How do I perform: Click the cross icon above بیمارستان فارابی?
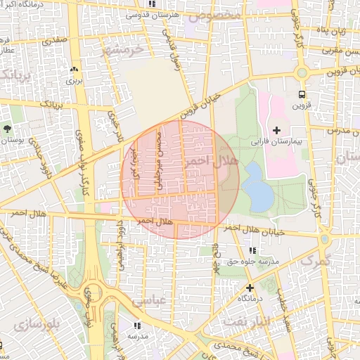pos(276,130)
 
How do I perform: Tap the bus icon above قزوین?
pos(302,94)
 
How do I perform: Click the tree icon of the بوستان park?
pos(7,129)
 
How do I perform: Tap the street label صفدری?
pos(54,41)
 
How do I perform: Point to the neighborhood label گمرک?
pos(316,261)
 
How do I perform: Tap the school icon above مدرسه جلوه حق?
pos(251,250)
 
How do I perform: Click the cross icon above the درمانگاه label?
pos(249,287)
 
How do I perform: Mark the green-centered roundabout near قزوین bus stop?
pos(302,72)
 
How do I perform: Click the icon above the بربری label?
pos(74,69)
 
